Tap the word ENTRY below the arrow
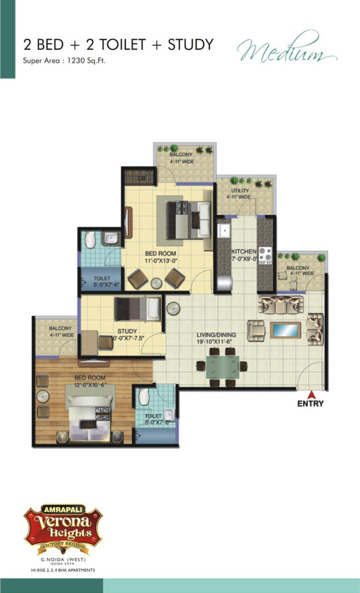[x=310, y=404]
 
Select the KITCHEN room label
[x=243, y=251]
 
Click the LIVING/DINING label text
[x=216, y=335]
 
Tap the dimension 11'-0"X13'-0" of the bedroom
[x=160, y=262]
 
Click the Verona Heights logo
[x=63, y=525]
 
